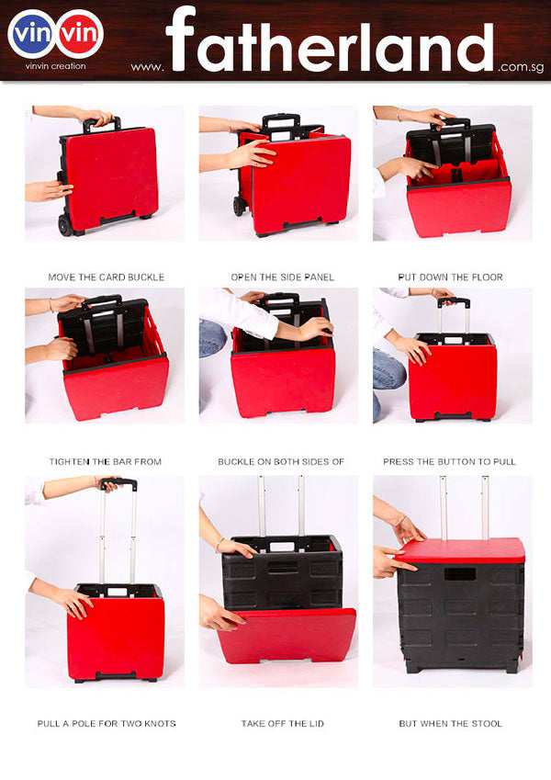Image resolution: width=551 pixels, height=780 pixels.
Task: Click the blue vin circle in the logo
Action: point(32,34)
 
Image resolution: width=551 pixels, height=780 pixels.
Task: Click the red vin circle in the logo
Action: point(80,34)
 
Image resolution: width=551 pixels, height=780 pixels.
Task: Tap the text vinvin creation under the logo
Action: point(55,65)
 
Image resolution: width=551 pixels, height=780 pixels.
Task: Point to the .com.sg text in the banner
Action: point(521,67)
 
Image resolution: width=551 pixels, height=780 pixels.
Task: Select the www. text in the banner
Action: point(147,67)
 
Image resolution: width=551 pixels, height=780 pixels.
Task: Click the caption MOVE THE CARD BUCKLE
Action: point(106,277)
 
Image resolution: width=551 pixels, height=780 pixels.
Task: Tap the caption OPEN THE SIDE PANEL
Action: point(283,277)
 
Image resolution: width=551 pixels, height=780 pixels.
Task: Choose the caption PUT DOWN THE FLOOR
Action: point(451,277)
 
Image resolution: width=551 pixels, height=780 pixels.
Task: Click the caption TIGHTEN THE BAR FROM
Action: point(106,461)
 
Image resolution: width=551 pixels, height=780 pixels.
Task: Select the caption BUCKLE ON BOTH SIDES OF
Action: point(281,461)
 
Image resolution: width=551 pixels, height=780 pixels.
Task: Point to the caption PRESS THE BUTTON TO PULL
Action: point(450,461)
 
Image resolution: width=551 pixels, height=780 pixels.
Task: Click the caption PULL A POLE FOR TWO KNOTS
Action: point(107,723)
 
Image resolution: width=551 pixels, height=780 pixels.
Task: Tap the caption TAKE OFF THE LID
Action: point(283,723)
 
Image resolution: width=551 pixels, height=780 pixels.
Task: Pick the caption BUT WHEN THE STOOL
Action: point(451,723)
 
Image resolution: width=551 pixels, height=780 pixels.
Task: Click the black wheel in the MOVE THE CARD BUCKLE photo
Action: point(65,225)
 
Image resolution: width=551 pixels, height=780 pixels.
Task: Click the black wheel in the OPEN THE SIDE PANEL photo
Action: point(239,206)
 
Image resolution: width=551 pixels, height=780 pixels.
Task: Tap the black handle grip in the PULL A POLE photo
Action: point(118,483)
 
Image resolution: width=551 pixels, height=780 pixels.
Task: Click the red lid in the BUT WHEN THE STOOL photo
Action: point(461,550)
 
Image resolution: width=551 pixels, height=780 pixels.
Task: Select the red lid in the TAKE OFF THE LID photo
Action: point(287,636)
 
